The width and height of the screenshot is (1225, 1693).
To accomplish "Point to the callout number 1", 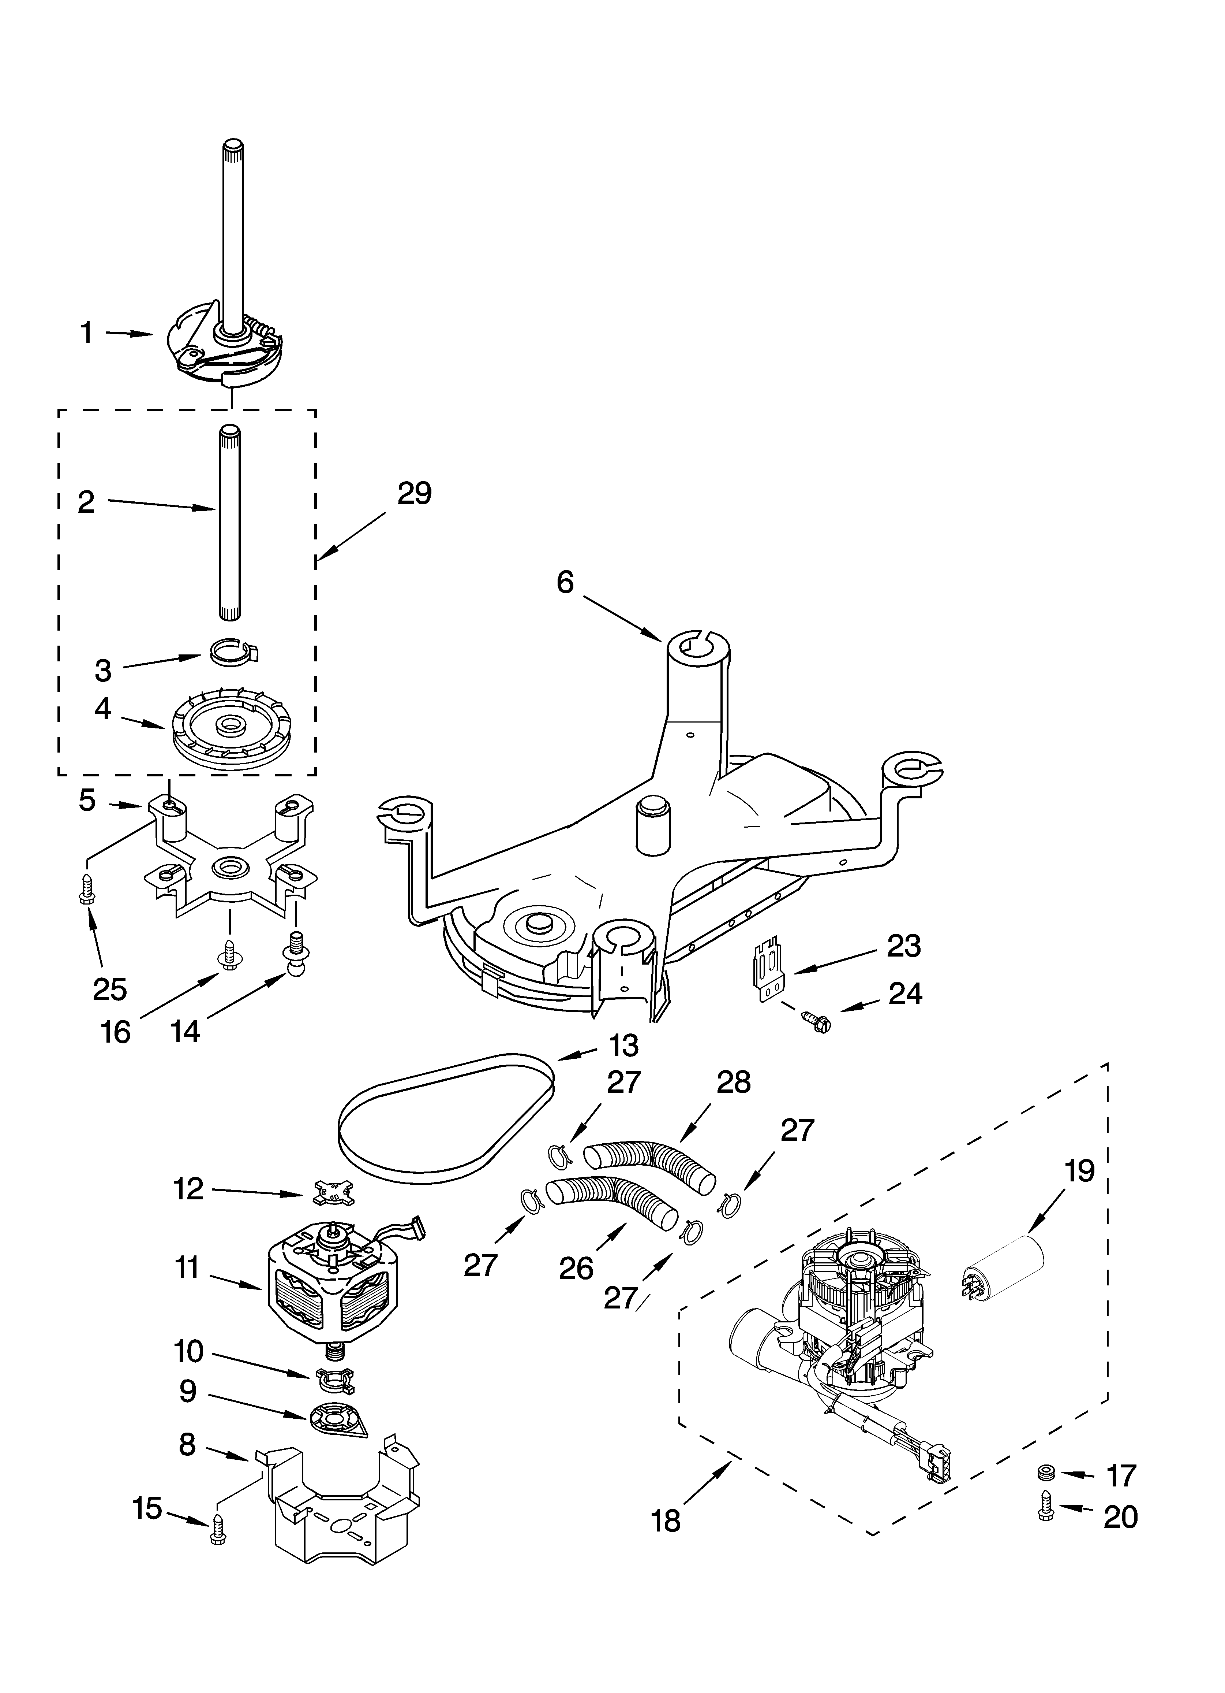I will point(87,333).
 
